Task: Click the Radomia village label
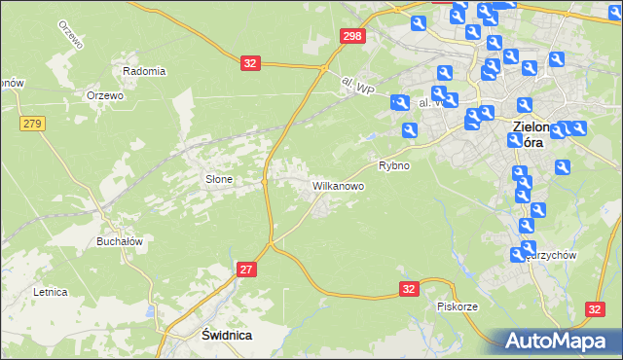tap(144, 71)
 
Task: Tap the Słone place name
tap(218, 179)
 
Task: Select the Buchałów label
tap(120, 241)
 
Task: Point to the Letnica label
tap(50, 291)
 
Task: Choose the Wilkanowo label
tap(338, 184)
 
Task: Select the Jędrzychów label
tap(552, 255)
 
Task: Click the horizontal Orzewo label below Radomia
tap(104, 95)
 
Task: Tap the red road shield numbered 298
tap(353, 36)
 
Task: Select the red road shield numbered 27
tap(247, 270)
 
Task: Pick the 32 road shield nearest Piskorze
tap(410, 289)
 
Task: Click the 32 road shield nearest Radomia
tap(251, 63)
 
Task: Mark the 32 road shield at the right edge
tap(597, 308)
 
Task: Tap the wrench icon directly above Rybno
tap(410, 130)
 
